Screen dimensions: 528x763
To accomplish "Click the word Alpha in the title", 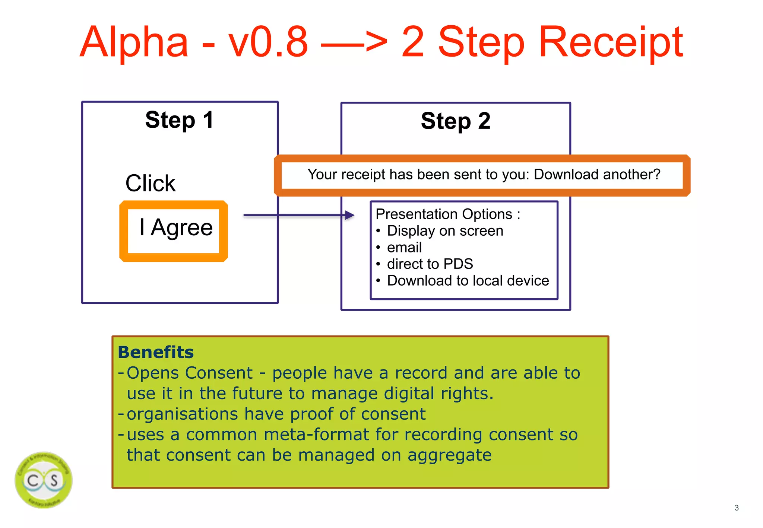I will point(134,42).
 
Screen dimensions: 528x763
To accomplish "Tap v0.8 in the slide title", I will point(268,42).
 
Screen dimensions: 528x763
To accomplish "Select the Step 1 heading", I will point(180,120).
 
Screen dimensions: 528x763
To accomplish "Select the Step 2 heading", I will point(456,121).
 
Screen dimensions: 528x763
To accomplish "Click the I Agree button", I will point(174,231).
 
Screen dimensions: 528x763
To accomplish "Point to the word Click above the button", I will point(150,183).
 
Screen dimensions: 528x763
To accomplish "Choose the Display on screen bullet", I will point(445,231).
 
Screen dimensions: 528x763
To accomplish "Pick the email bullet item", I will point(404,247).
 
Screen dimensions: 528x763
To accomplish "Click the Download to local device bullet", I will point(468,280).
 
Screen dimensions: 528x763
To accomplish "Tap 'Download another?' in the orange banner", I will point(597,174).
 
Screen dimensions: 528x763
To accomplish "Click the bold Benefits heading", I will point(156,352).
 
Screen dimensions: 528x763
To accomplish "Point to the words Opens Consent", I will point(190,373).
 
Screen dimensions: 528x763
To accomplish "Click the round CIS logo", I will point(44,480).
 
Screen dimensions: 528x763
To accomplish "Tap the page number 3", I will point(736,508).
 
